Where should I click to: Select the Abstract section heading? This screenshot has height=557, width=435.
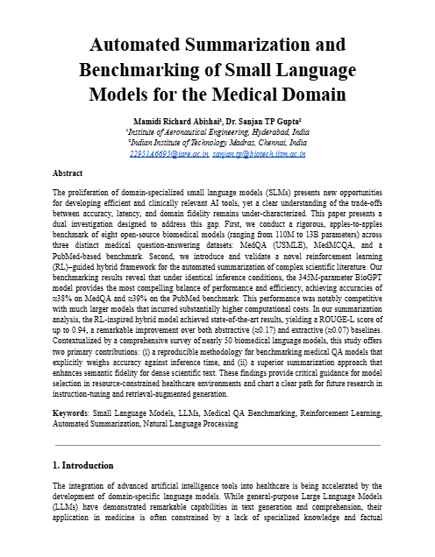[x=68, y=173]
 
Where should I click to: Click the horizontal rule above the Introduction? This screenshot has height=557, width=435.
[x=217, y=445]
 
